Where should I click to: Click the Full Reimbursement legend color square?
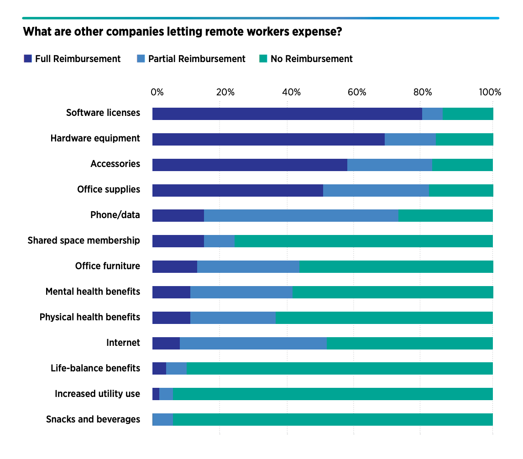(x=28, y=59)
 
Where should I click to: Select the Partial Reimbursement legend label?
(x=197, y=59)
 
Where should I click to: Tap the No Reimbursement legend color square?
(x=263, y=59)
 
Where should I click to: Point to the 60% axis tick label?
(x=357, y=92)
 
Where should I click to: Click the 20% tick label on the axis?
(x=225, y=92)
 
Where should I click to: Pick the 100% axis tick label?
(x=490, y=92)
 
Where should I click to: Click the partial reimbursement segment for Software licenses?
(x=432, y=114)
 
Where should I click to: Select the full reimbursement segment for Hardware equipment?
(x=268, y=140)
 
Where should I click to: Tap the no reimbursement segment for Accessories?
(x=462, y=165)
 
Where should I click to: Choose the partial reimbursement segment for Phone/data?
(x=301, y=216)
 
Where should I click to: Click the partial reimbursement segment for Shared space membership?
(x=219, y=241)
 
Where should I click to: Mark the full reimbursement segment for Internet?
(x=166, y=344)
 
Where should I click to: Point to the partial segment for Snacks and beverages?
(x=163, y=420)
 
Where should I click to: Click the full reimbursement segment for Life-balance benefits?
(x=159, y=369)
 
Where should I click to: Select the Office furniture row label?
(x=108, y=266)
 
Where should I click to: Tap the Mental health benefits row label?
(x=93, y=292)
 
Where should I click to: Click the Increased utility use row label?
(x=97, y=394)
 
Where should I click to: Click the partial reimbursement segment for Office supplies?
(x=376, y=191)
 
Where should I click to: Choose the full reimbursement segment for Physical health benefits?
(x=171, y=318)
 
